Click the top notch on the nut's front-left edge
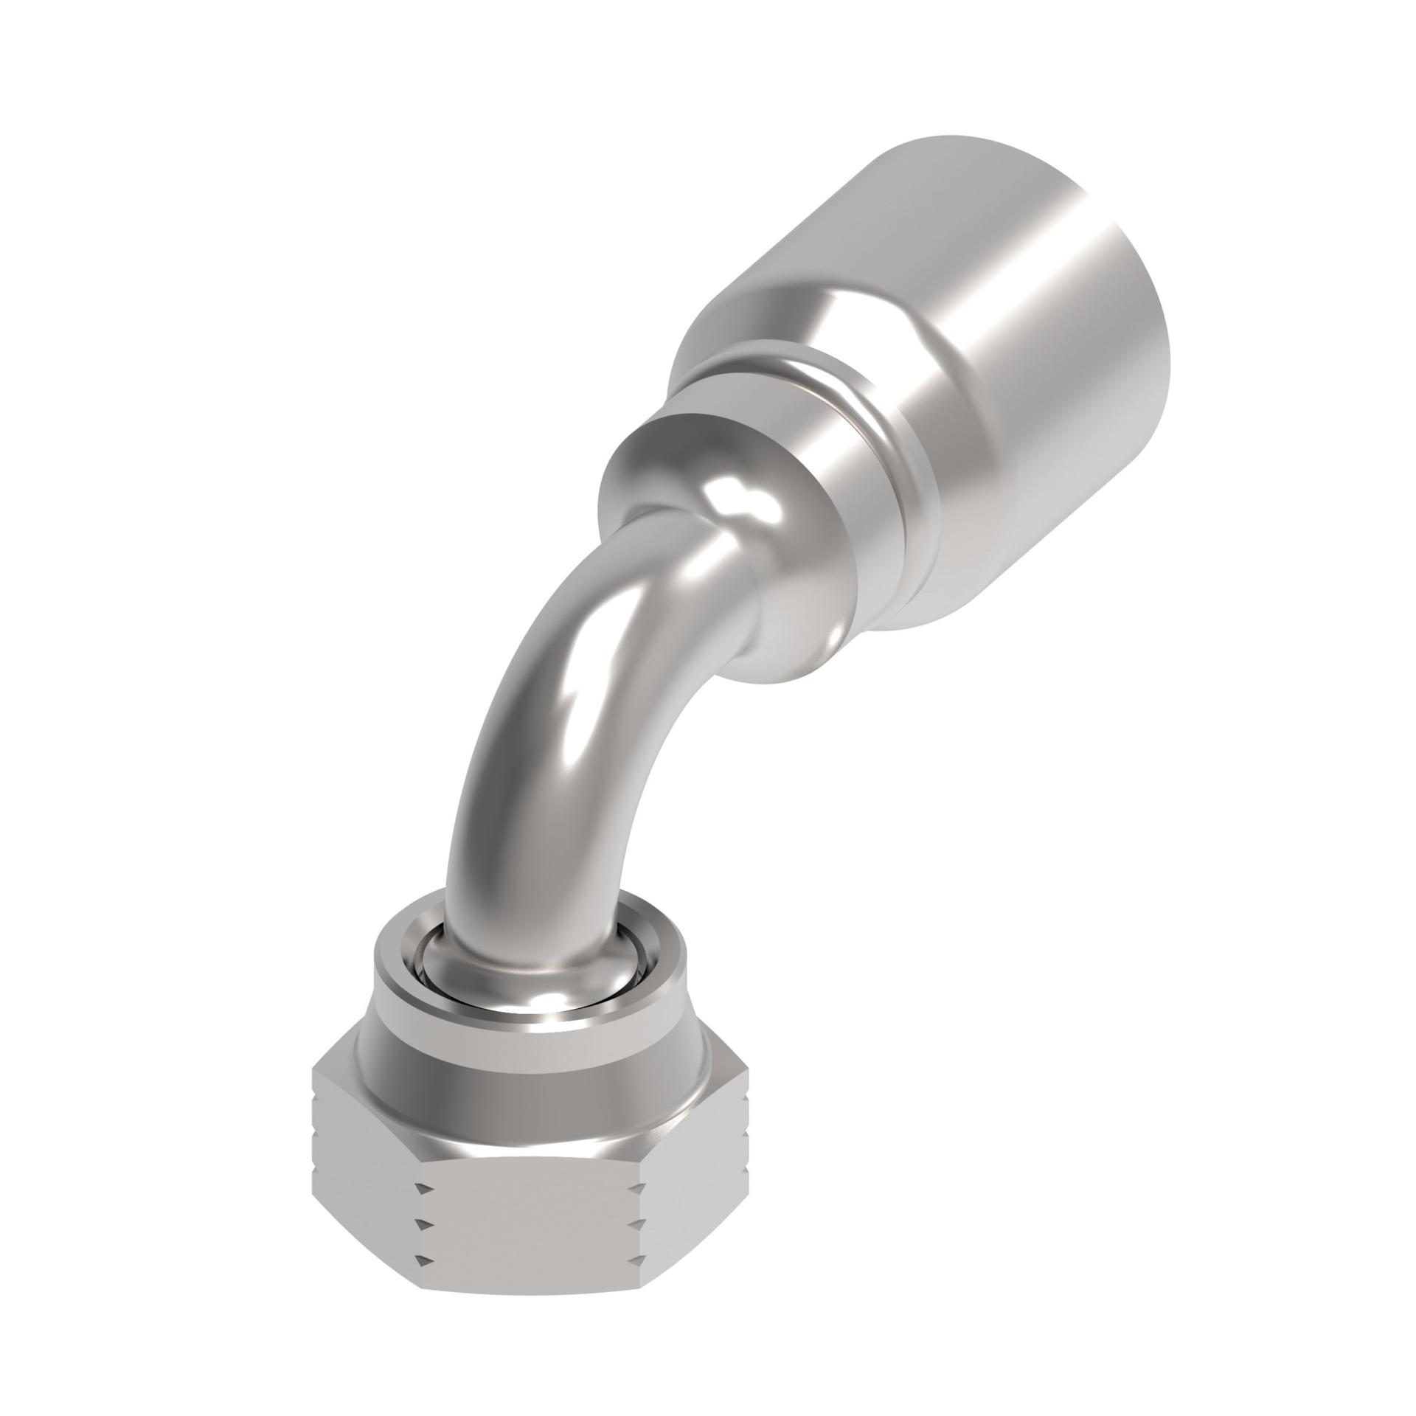coord(422,1187)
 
